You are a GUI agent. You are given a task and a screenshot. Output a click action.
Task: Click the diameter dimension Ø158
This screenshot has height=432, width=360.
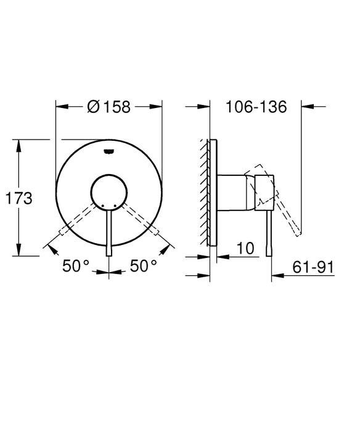pos(109,106)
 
